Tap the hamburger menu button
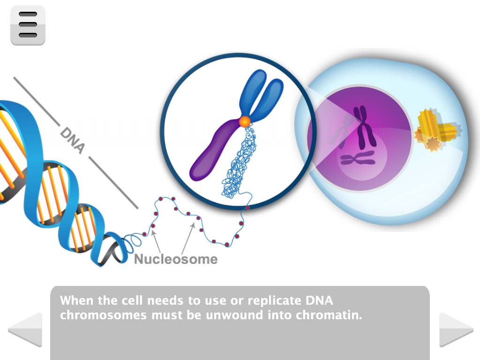click(28, 25)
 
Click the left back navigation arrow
click(26, 330)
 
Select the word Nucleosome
click(176, 259)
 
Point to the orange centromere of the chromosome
click(245, 122)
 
